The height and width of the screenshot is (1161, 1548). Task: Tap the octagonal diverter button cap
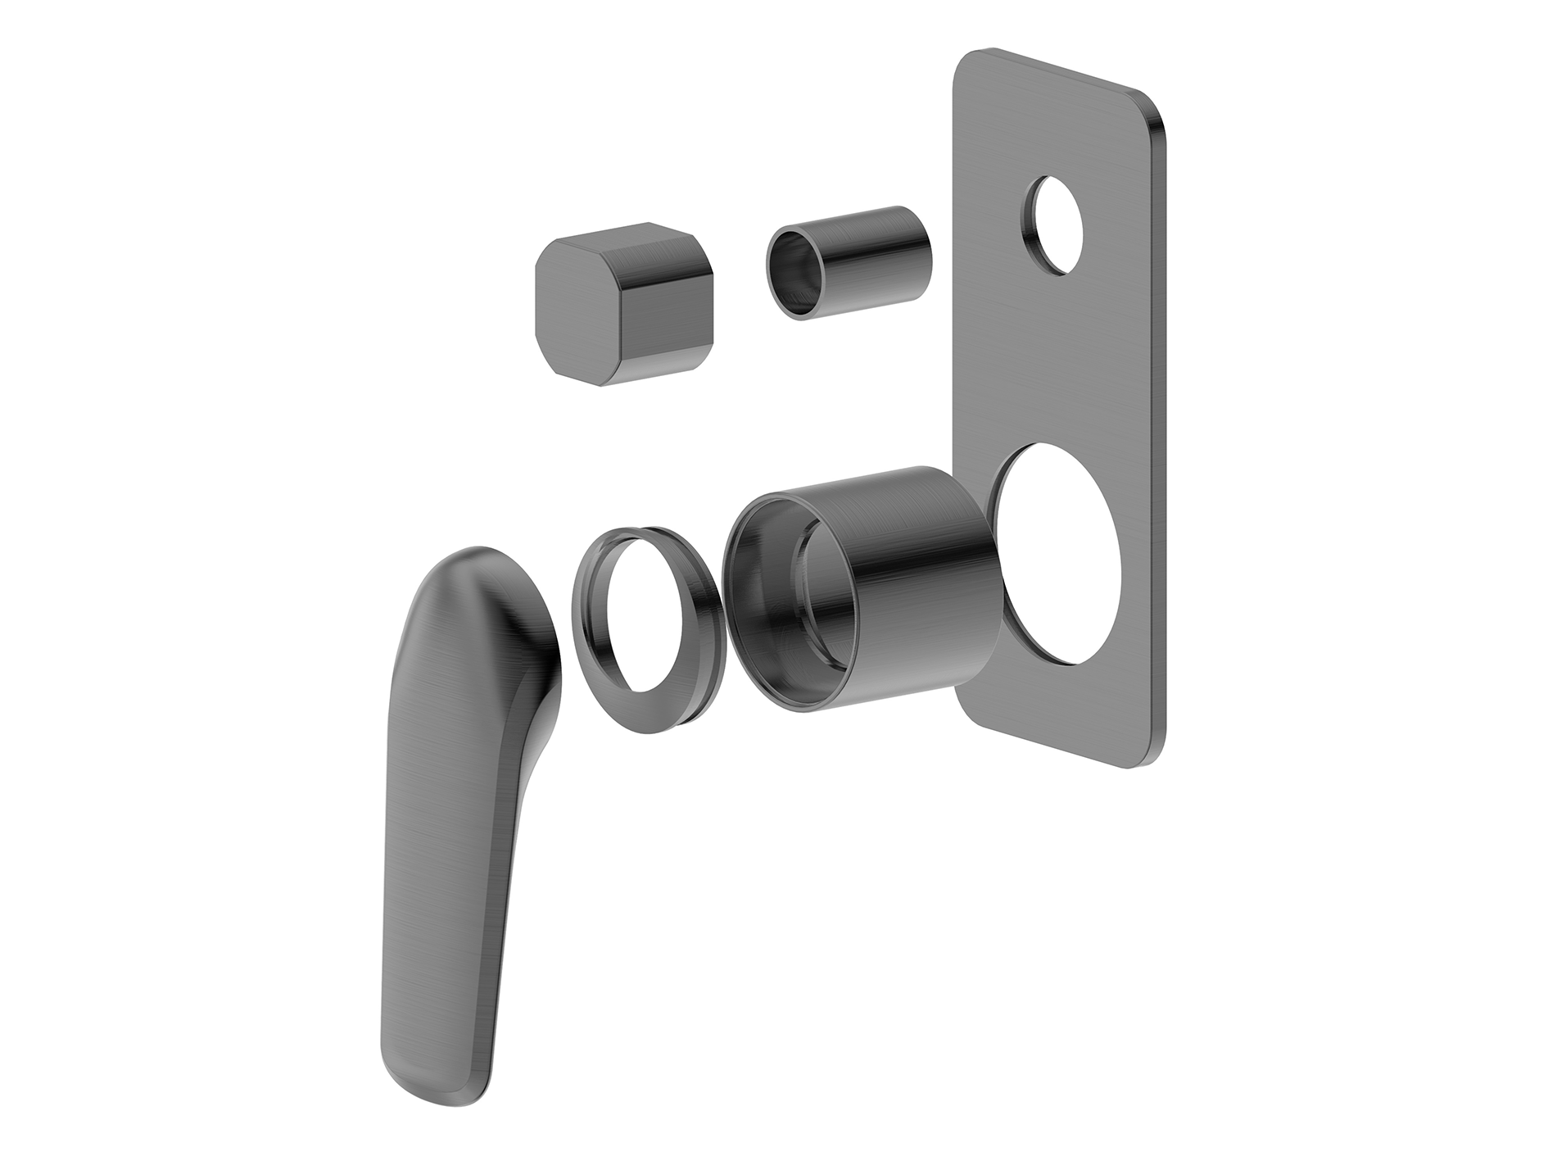pyautogui.click(x=622, y=303)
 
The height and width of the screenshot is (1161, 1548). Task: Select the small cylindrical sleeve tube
pyautogui.click(x=852, y=262)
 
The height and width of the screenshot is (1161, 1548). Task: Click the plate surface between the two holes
pyautogui.click(x=1057, y=361)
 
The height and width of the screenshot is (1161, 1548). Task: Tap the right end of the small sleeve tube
pyautogui.click(x=921, y=246)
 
